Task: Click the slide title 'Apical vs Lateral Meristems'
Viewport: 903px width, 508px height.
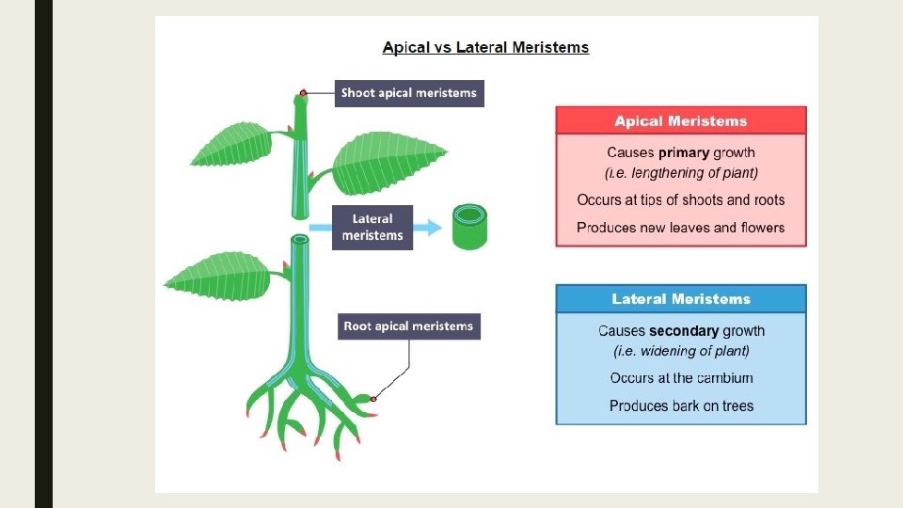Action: (x=485, y=47)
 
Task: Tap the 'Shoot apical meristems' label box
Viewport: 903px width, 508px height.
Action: (x=408, y=92)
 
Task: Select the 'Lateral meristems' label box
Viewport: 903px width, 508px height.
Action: (x=372, y=227)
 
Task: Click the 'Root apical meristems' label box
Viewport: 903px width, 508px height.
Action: (x=408, y=326)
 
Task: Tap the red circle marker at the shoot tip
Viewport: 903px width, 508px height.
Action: (x=302, y=93)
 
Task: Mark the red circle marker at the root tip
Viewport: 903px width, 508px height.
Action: (x=372, y=399)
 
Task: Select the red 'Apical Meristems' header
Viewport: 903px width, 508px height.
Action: (x=681, y=120)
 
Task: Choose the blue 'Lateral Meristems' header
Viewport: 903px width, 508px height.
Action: (x=681, y=299)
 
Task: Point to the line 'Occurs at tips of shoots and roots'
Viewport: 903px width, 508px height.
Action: (x=681, y=199)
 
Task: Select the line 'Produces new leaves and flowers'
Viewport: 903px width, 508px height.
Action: (x=681, y=228)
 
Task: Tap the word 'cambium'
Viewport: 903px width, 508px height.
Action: (x=725, y=378)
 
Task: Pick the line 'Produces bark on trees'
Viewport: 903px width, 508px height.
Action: (x=681, y=406)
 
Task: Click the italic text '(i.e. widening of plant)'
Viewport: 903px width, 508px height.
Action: (x=681, y=351)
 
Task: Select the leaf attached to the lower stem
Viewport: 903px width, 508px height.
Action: (x=222, y=275)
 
